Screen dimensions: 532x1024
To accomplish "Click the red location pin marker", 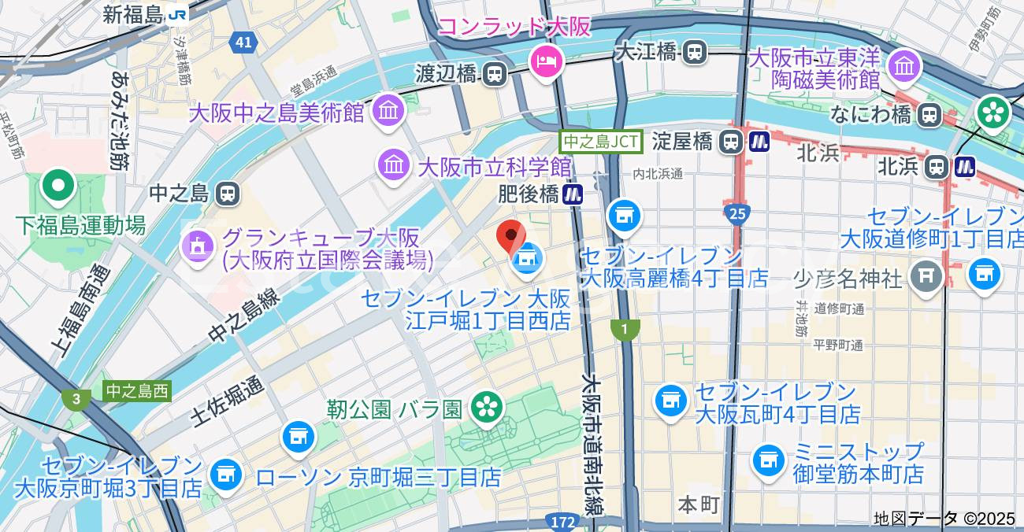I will coord(511,235).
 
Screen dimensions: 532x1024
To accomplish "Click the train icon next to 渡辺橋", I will coord(495,74).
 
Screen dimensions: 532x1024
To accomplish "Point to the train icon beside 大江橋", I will coord(695,52).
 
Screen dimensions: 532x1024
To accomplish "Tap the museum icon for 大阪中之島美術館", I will coord(388,111).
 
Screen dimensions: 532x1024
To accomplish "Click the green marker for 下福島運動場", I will coord(58,186).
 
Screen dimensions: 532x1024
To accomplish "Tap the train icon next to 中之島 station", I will coord(228,193).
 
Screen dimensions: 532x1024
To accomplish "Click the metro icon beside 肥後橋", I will coord(573,193).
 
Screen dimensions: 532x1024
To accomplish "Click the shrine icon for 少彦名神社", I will coord(926,275).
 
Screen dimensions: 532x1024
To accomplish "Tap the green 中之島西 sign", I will coord(137,391).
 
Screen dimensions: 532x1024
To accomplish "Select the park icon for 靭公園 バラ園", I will coord(487,407).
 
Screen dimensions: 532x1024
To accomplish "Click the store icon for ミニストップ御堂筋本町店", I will coord(768,460).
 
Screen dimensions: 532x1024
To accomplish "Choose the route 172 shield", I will coord(562,522).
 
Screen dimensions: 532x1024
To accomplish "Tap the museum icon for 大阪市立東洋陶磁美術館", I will coord(904,67).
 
